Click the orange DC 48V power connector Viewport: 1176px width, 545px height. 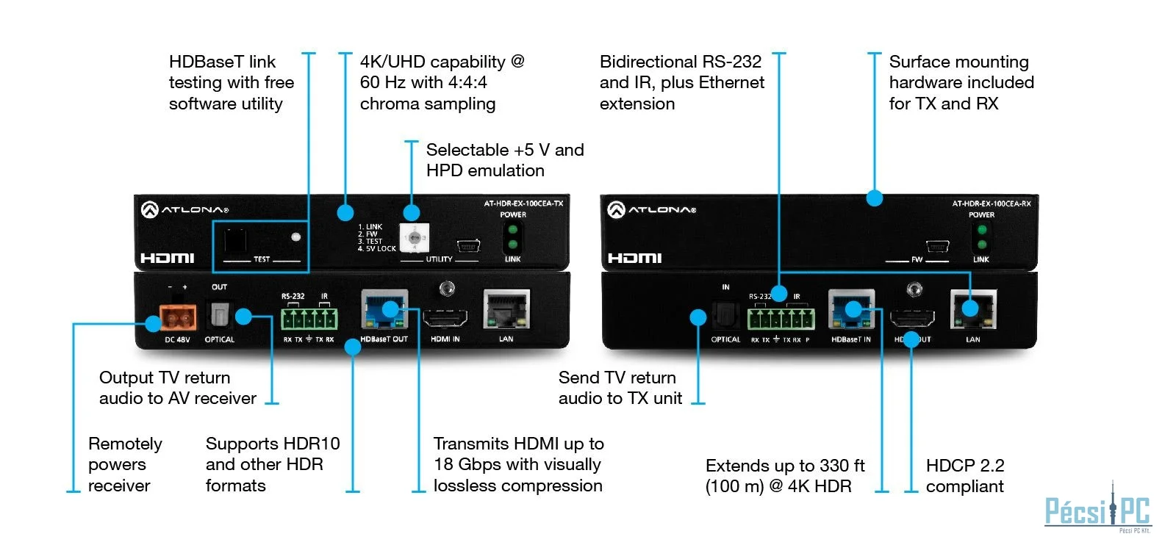point(178,317)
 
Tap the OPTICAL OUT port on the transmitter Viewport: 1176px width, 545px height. point(220,315)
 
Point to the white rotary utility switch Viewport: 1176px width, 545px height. point(415,238)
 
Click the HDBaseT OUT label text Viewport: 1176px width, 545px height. point(384,339)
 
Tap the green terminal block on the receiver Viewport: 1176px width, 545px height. point(781,319)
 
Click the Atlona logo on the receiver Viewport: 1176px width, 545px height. point(651,210)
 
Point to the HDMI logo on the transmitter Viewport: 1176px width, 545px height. point(168,258)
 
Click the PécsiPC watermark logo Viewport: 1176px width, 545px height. point(1098,510)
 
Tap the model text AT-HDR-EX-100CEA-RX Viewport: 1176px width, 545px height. point(992,203)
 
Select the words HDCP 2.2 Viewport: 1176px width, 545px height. point(965,465)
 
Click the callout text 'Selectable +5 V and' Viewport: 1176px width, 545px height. point(505,150)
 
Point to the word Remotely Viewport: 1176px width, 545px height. point(125,444)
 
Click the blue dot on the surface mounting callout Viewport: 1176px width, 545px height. point(874,198)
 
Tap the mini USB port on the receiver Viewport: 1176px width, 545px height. point(937,246)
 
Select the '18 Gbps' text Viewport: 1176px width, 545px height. point(467,465)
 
